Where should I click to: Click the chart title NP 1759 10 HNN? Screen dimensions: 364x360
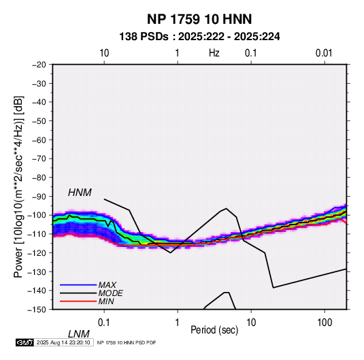[x=199, y=19]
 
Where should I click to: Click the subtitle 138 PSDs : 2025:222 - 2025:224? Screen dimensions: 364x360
[x=199, y=37]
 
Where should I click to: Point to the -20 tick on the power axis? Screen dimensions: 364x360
[x=39, y=65]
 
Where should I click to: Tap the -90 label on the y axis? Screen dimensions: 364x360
[x=39, y=196]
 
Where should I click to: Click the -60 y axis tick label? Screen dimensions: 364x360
[x=39, y=140]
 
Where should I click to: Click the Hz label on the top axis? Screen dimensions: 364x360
[x=214, y=53]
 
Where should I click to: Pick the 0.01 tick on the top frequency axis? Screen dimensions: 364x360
[x=324, y=53]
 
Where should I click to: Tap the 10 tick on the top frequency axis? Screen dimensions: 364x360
[x=104, y=53]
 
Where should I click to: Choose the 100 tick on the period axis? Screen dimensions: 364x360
[x=325, y=323]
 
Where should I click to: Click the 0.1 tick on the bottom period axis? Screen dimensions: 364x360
[x=104, y=323]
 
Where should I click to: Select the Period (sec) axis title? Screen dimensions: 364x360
[x=214, y=330]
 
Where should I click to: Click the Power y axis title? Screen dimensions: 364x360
[x=18, y=187]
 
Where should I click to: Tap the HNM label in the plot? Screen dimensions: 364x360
[x=80, y=193]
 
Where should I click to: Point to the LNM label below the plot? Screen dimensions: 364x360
[x=79, y=334]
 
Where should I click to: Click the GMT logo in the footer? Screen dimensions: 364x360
[x=25, y=342]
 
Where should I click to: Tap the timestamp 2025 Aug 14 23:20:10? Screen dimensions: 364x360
[x=63, y=342]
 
